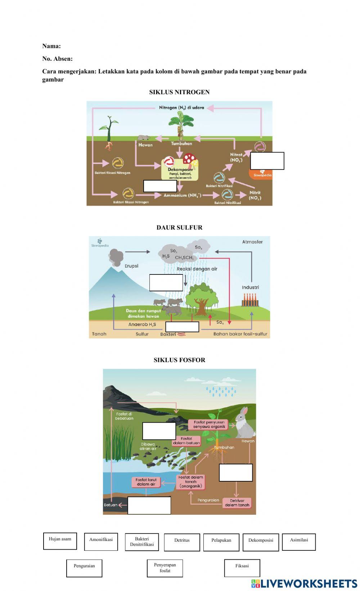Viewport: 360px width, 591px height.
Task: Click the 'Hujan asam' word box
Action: [60, 541]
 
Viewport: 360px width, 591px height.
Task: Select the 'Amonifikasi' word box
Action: [101, 541]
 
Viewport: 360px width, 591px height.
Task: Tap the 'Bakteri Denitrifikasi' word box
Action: [142, 542]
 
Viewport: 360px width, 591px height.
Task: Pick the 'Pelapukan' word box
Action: [221, 542]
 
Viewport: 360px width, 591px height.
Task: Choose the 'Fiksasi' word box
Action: [242, 568]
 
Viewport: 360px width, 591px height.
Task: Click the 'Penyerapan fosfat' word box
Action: [165, 568]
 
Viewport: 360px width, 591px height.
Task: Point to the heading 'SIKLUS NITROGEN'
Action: [179, 92]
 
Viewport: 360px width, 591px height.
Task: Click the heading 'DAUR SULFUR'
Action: [179, 227]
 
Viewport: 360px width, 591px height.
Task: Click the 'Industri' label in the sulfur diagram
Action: [250, 287]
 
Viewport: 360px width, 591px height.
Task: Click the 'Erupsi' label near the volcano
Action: [131, 266]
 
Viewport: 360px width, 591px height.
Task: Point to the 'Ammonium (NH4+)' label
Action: [182, 195]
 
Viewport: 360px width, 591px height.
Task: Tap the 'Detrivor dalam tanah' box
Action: [237, 503]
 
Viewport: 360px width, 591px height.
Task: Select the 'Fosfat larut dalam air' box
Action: [146, 482]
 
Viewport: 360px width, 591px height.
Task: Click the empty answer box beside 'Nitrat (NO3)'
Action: [267, 161]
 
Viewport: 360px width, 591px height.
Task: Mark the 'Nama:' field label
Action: [51, 46]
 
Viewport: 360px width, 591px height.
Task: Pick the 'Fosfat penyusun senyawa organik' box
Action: [209, 424]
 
